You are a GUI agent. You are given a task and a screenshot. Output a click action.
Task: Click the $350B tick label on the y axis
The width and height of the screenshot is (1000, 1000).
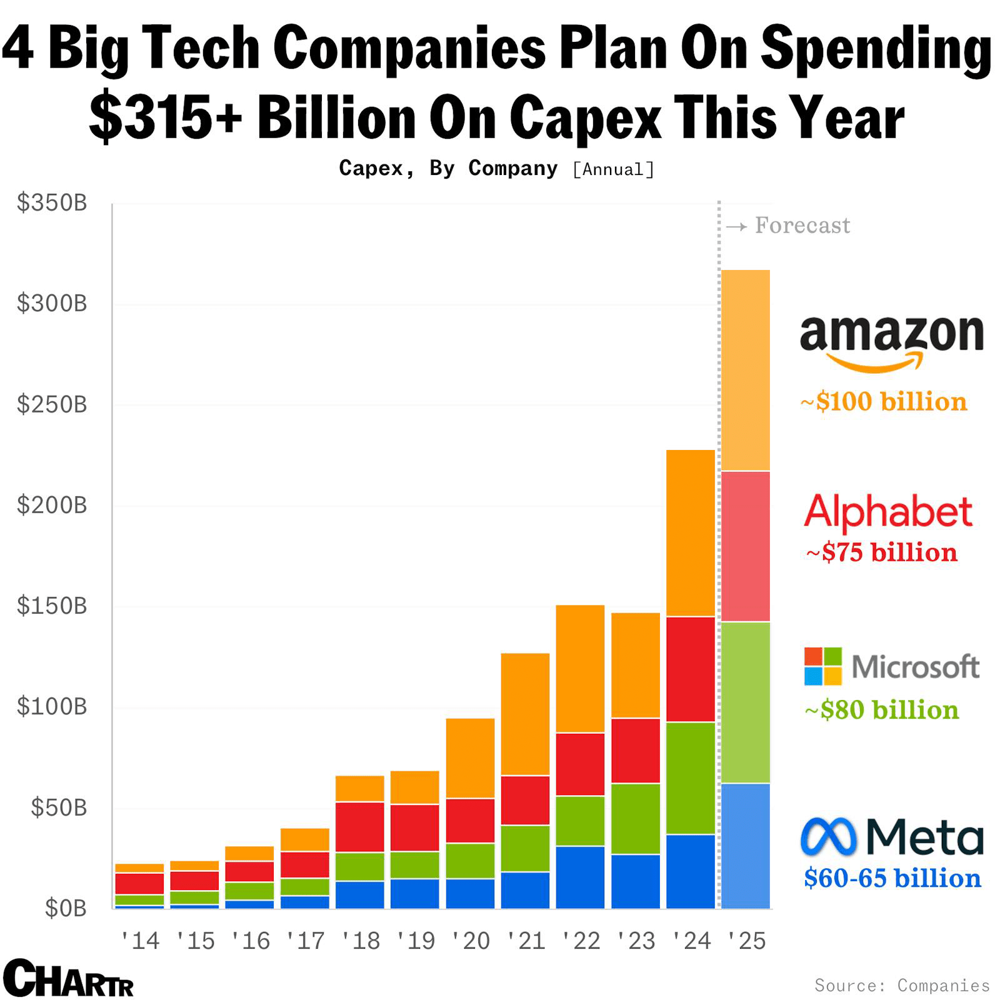pyautogui.click(x=52, y=203)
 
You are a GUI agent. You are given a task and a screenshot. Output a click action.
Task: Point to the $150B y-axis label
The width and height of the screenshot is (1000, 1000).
pyautogui.click(x=52, y=606)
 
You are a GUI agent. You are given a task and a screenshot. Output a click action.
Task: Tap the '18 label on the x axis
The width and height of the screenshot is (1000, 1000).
pyautogui.click(x=360, y=941)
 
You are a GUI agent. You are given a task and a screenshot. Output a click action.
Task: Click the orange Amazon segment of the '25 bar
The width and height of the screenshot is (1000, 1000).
pyautogui.click(x=746, y=370)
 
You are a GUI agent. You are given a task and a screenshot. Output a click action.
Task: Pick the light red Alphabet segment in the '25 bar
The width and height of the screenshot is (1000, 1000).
pyautogui.click(x=746, y=546)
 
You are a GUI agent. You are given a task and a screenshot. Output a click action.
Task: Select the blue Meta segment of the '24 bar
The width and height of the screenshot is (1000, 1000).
pyautogui.click(x=691, y=871)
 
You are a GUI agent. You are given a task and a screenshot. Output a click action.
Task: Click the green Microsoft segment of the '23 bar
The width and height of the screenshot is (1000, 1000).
pyautogui.click(x=636, y=819)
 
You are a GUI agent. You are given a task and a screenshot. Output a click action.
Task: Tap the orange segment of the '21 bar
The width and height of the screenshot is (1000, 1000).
pyautogui.click(x=525, y=714)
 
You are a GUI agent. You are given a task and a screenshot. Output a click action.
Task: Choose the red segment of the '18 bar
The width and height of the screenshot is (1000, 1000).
pyautogui.click(x=360, y=827)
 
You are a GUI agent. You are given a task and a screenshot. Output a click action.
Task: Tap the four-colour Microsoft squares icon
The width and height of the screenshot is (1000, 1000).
pyautogui.click(x=822, y=666)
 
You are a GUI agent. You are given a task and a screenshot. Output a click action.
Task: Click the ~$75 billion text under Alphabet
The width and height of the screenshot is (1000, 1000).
pyautogui.click(x=882, y=552)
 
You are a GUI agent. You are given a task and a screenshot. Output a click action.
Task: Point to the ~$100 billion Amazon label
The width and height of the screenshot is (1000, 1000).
pyautogui.click(x=884, y=401)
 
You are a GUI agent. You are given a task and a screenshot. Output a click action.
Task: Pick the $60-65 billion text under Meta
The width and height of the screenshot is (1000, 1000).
pyautogui.click(x=892, y=878)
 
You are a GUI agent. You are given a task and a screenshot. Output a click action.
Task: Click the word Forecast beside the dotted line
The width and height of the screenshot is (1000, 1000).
pyautogui.click(x=802, y=225)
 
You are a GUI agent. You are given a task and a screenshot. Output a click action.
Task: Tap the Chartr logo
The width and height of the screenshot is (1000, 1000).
pyautogui.click(x=69, y=978)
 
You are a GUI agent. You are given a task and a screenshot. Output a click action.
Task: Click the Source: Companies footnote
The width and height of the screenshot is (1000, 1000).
pyautogui.click(x=902, y=986)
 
